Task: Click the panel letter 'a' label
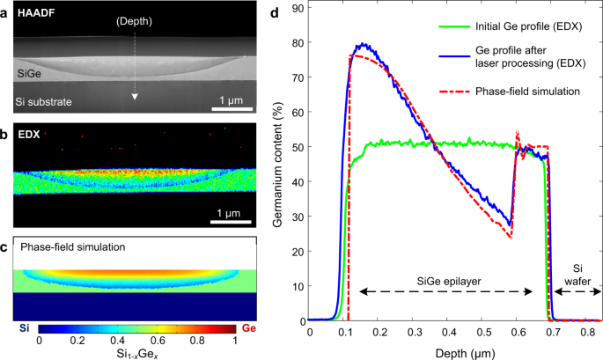[5, 10]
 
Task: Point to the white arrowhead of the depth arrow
[135, 96]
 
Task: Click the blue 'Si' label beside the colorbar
[22, 326]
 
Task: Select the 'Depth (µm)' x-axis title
[452, 349]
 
